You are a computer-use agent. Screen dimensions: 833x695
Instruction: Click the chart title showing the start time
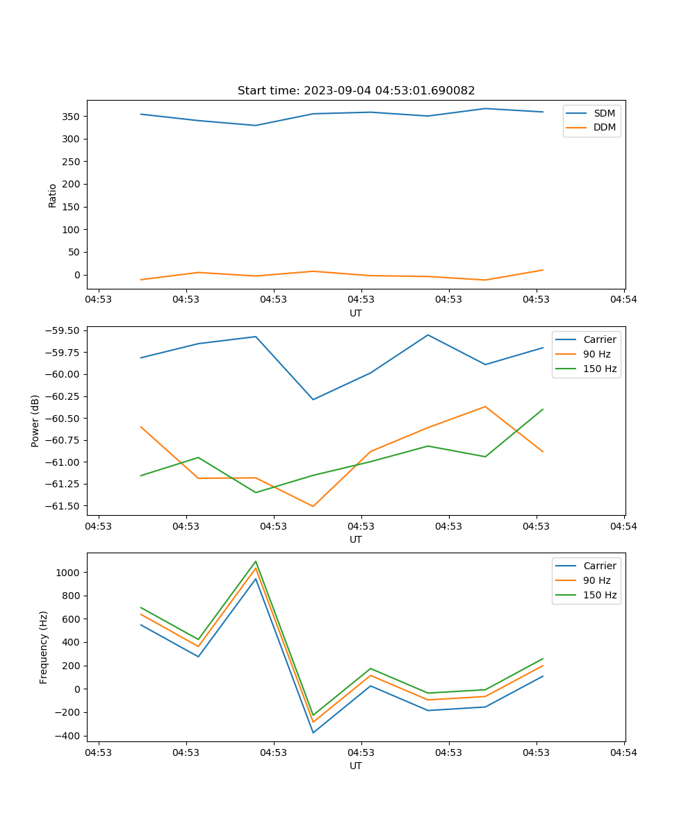pyautogui.click(x=356, y=91)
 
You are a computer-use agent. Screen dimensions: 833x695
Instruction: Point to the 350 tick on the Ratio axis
pyautogui.click(x=72, y=116)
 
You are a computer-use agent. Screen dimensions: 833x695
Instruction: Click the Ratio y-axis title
pyautogui.click(x=53, y=195)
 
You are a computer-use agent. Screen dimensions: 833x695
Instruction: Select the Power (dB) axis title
pyautogui.click(x=35, y=421)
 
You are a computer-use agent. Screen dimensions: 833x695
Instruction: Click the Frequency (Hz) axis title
pyautogui.click(x=44, y=647)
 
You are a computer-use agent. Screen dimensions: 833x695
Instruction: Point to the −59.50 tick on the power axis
pyautogui.click(x=61, y=330)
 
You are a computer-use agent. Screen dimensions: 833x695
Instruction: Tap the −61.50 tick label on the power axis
pyautogui.click(x=61, y=505)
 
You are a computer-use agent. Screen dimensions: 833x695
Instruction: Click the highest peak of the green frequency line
pyautogui.click(x=256, y=562)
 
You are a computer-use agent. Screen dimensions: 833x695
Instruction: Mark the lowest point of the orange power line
pyautogui.click(x=313, y=506)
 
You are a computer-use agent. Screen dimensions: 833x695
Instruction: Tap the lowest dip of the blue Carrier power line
pyautogui.click(x=313, y=399)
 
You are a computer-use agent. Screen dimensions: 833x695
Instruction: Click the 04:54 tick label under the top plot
pyautogui.click(x=623, y=300)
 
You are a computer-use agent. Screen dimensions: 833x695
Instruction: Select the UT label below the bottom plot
pyautogui.click(x=356, y=766)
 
